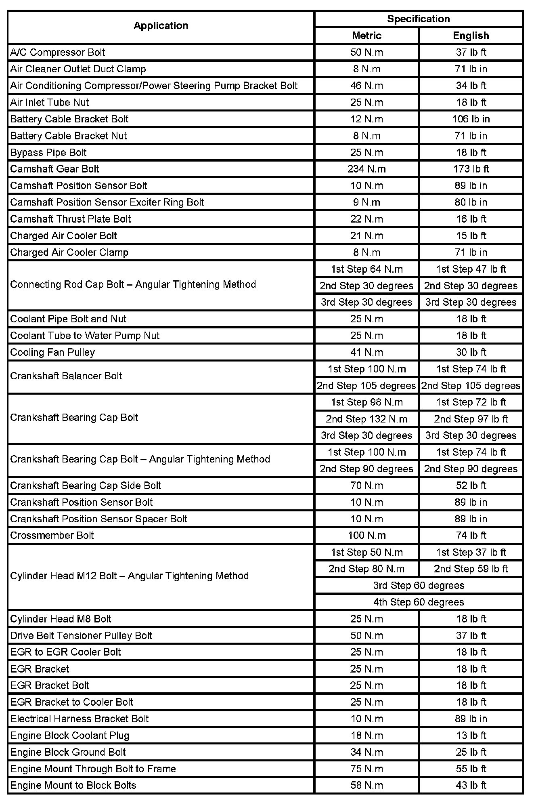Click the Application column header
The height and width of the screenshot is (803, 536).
(x=161, y=26)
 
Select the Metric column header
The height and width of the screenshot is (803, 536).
(x=366, y=36)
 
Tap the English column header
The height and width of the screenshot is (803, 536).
(x=471, y=36)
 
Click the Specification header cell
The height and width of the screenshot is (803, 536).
(x=418, y=19)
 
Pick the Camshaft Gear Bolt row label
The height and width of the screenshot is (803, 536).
(x=54, y=169)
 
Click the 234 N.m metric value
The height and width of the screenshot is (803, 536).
(x=366, y=169)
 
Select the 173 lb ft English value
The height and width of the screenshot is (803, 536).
(x=471, y=169)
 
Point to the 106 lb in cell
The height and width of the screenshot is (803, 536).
(x=471, y=119)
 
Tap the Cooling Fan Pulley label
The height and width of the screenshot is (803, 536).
(x=52, y=352)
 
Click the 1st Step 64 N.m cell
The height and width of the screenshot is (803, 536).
(x=366, y=269)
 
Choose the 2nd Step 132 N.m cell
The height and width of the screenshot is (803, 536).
(x=366, y=419)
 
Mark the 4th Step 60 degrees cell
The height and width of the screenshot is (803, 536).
(x=418, y=602)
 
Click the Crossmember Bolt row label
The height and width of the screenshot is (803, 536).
(x=52, y=536)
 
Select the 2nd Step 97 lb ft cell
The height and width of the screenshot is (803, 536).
(x=471, y=419)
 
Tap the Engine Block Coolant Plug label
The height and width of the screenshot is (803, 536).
(x=70, y=736)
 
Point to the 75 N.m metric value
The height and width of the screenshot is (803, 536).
(x=366, y=769)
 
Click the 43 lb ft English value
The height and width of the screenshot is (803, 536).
(x=471, y=785)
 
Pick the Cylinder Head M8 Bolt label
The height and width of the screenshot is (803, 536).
(x=61, y=619)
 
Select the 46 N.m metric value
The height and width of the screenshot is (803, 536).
(x=366, y=86)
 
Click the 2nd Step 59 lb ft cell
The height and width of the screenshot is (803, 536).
(x=471, y=569)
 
